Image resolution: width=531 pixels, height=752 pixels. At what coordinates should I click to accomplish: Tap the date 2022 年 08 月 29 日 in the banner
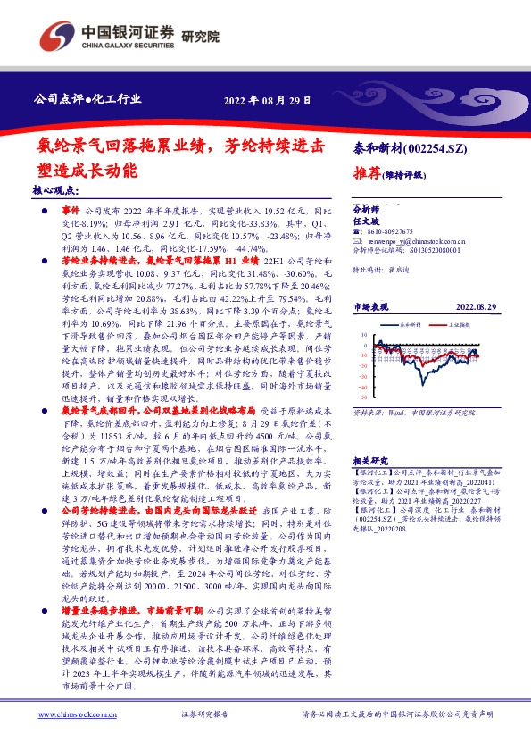(267, 99)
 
